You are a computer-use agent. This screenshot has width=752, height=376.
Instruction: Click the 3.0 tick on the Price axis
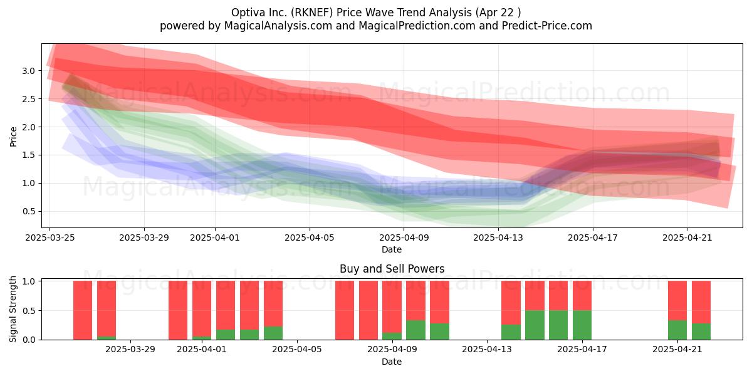pyautogui.click(x=29, y=71)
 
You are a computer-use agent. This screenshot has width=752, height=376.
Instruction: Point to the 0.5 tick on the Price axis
pyautogui.click(x=29, y=212)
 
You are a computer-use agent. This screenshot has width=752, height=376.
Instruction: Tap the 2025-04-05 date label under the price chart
pyautogui.click(x=310, y=238)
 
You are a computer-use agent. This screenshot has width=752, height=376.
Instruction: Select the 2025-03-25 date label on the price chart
pyautogui.click(x=50, y=238)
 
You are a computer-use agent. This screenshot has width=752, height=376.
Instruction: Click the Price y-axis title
pyautogui.click(x=13, y=137)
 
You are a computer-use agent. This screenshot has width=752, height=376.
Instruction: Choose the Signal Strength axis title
pyautogui.click(x=13, y=309)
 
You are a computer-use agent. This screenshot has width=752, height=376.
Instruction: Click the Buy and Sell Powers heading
pyautogui.click(x=392, y=269)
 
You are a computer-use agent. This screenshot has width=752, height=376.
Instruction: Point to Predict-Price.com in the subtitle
pyautogui.click(x=547, y=26)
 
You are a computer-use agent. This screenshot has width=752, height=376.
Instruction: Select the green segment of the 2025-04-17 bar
pyautogui.click(x=582, y=325)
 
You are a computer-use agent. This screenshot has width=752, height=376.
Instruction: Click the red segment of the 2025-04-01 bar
pyautogui.click(x=202, y=309)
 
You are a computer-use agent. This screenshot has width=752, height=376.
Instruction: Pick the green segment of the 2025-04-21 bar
pyautogui.click(x=677, y=330)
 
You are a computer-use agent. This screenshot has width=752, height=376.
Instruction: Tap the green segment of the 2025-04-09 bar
pyautogui.click(x=392, y=336)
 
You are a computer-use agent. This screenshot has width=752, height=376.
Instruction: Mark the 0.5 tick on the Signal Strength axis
pyautogui.click(x=29, y=311)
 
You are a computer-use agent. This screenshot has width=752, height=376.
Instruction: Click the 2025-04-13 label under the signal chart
pyautogui.click(x=487, y=350)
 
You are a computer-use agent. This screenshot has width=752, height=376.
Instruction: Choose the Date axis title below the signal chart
pyautogui.click(x=392, y=362)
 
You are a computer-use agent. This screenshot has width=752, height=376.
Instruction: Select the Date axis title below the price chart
pyautogui.click(x=392, y=249)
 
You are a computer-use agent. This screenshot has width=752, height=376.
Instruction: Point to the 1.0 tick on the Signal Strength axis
pyautogui.click(x=29, y=281)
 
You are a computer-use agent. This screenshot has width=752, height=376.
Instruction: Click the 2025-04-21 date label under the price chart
pyautogui.click(x=687, y=238)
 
